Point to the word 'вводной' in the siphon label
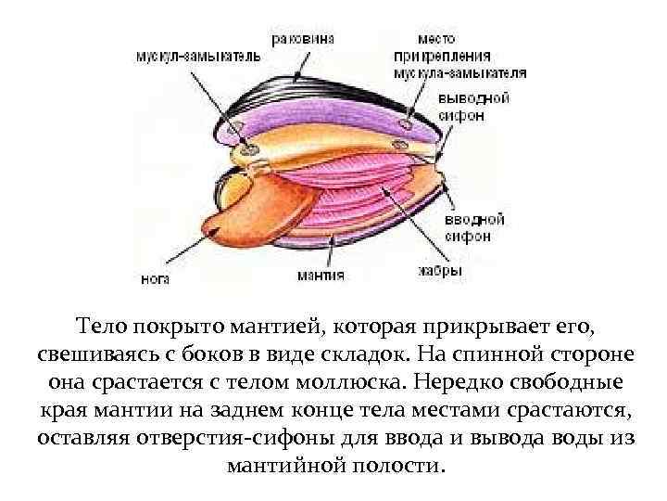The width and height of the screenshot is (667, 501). tap(474, 220)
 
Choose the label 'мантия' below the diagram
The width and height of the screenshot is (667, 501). tap(321, 275)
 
